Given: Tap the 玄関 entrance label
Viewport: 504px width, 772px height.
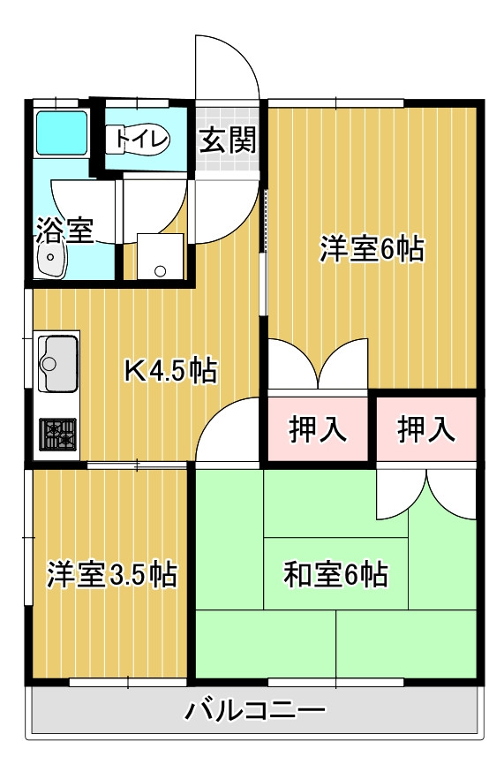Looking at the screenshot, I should [x=227, y=140].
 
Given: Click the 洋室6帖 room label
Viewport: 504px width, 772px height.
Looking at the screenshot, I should [x=372, y=250].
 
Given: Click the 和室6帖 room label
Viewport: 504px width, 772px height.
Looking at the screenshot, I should [x=335, y=574].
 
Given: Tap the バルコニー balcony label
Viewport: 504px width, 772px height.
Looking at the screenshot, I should [x=257, y=709].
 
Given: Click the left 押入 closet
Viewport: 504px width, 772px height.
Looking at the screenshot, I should [x=318, y=429].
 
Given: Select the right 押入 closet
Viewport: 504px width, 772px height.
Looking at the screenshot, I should [x=426, y=429].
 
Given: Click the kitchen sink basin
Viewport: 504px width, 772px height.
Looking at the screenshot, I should [x=56, y=361].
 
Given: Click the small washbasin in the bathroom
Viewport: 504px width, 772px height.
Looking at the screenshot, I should [x=51, y=261].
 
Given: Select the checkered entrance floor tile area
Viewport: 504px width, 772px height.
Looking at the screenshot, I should [x=228, y=141].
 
